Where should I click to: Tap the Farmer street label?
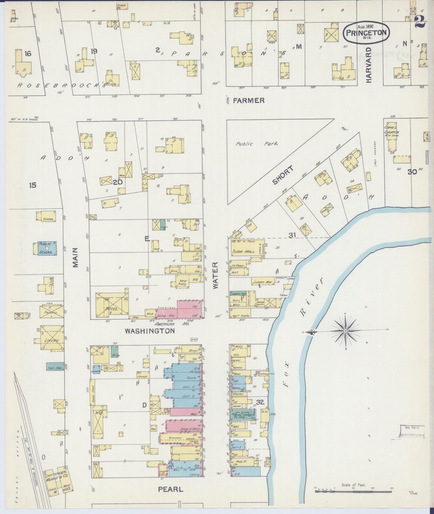[x=249, y=100]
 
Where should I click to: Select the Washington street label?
[x=150, y=331]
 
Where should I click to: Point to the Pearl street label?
[x=170, y=490]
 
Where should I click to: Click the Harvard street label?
[x=369, y=65]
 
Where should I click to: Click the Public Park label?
[x=257, y=144]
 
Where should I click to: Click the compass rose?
[x=345, y=331]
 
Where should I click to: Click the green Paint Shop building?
[x=54, y=366]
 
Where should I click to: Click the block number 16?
[x=28, y=54]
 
